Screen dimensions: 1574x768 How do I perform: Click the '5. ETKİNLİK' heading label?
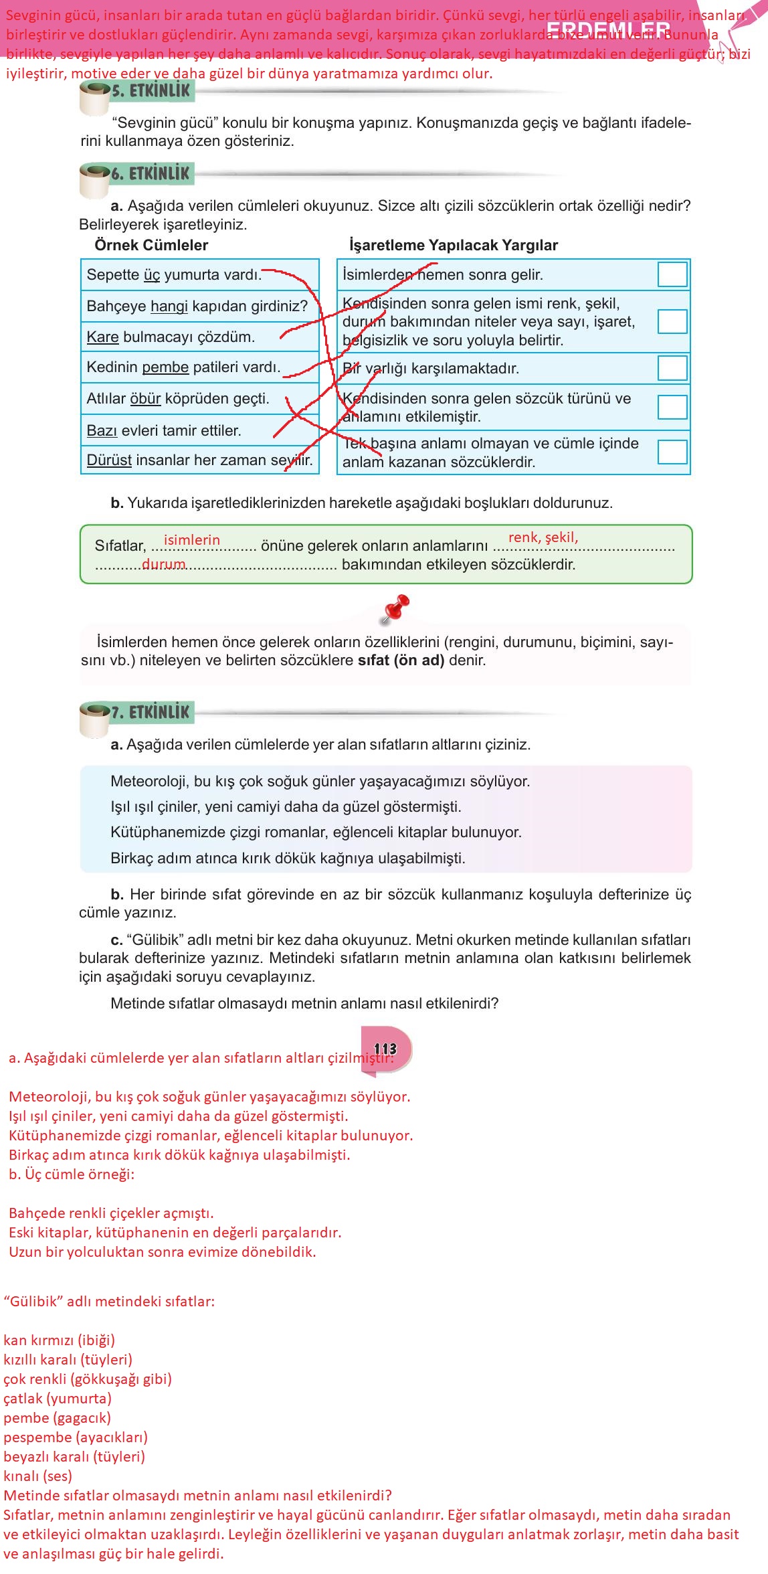pos(151,91)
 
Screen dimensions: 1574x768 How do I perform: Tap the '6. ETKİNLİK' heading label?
pos(151,174)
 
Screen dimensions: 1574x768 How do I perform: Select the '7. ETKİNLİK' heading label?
pos(151,712)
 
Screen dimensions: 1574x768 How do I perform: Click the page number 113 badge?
pos(385,1049)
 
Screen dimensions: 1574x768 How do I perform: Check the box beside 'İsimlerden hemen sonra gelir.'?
pos(672,274)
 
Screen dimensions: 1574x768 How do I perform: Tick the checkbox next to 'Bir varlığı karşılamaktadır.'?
pos(672,368)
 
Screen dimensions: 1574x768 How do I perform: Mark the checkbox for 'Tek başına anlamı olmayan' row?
pos(672,452)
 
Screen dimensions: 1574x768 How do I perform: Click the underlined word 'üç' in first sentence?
pos(152,275)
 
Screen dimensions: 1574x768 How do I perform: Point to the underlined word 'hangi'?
pos(169,307)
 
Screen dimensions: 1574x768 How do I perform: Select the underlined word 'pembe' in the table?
pos(165,367)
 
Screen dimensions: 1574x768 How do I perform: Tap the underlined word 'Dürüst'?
pos(109,460)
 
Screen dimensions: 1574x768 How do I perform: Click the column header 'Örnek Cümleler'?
pos(151,245)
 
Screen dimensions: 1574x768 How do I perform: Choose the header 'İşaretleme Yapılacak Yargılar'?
pos(453,245)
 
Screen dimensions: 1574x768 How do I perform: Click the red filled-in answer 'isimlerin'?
pos(191,540)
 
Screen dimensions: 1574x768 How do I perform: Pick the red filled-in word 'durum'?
pos(163,564)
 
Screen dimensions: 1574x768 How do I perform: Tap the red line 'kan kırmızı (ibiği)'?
pos(59,1340)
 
